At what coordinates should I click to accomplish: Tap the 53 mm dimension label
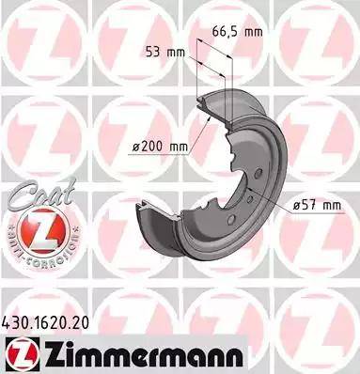pos(162,52)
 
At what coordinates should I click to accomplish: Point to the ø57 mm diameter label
pos(316,205)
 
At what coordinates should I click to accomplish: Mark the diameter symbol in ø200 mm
pos(138,146)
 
